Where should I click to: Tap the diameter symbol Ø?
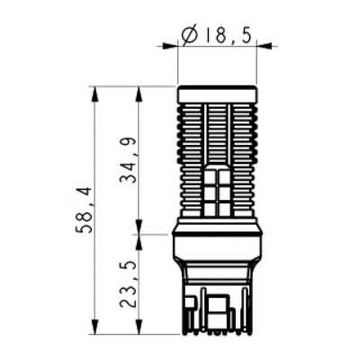[x=190, y=35]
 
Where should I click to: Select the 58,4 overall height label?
[x=82, y=210]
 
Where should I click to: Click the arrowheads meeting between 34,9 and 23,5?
[x=137, y=235]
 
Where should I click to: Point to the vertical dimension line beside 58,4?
[x=94, y=144]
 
